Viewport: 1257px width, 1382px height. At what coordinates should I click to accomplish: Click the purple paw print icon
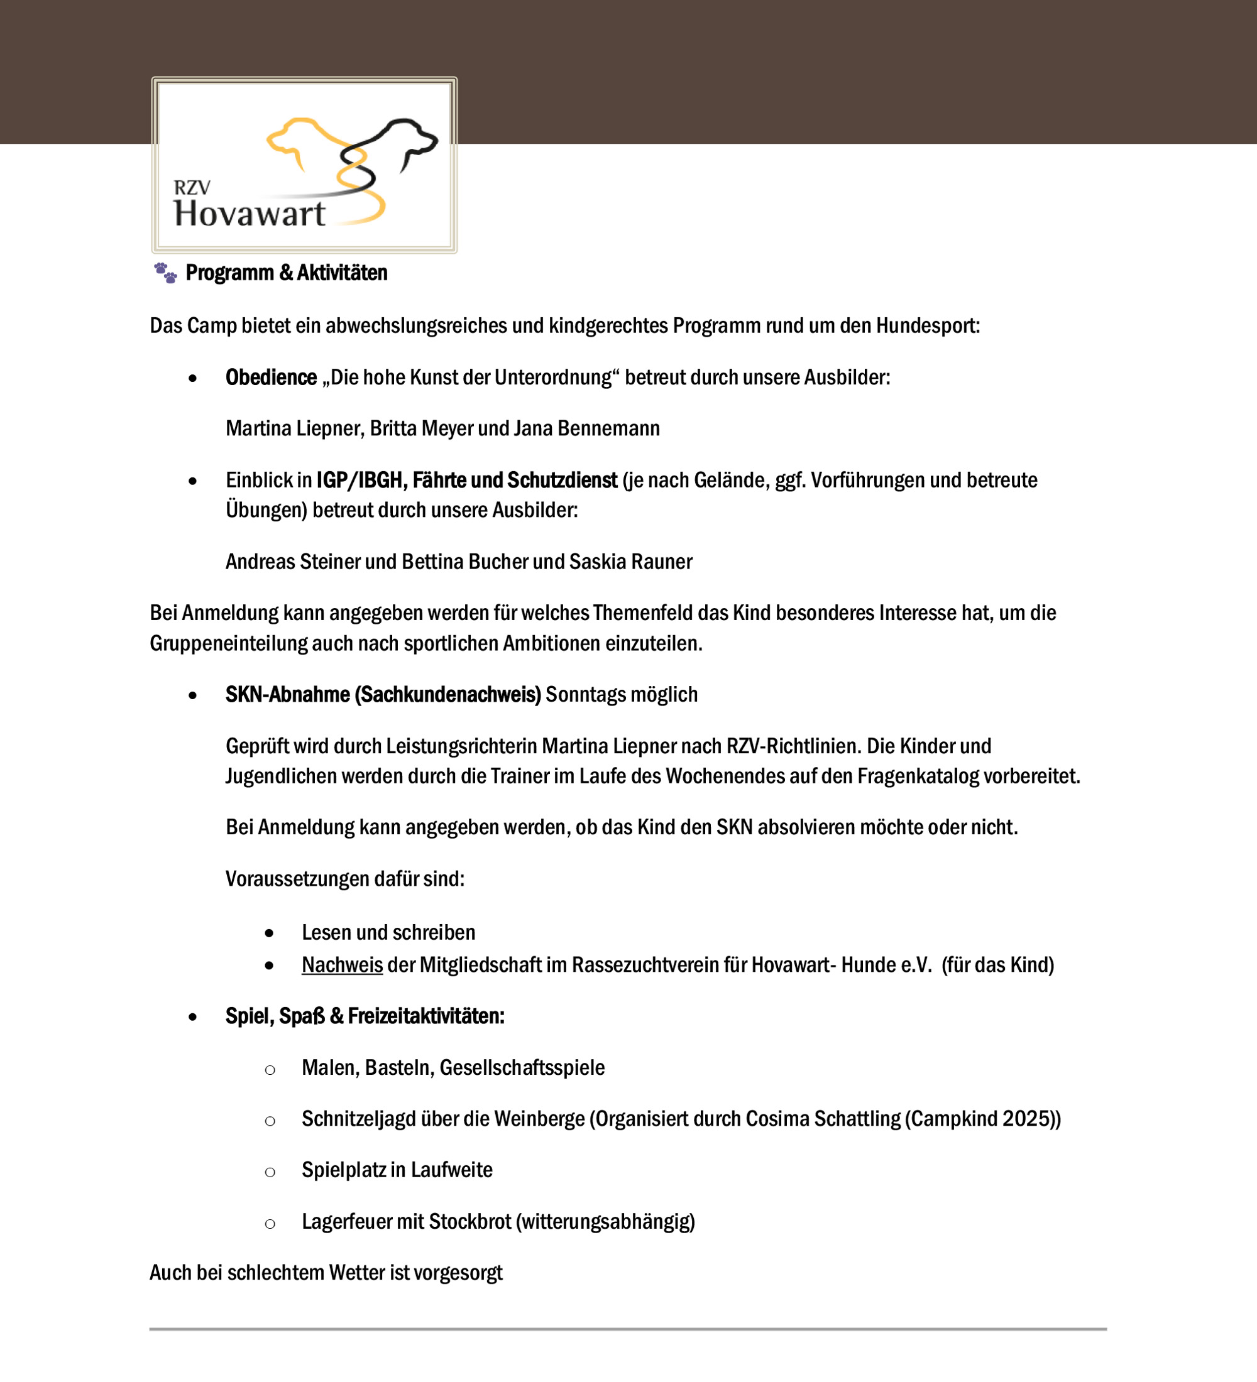[165, 273]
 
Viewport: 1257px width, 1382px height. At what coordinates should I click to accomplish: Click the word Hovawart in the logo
[249, 213]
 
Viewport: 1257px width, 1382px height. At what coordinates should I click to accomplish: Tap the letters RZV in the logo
[192, 187]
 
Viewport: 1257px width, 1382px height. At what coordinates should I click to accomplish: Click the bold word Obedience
[271, 378]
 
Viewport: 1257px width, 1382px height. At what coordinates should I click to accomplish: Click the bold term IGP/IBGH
[360, 481]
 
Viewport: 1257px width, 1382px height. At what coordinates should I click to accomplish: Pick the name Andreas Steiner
[293, 562]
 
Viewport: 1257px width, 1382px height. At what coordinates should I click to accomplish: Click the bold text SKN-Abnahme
[288, 694]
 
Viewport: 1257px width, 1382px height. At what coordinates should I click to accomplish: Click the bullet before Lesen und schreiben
[270, 933]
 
